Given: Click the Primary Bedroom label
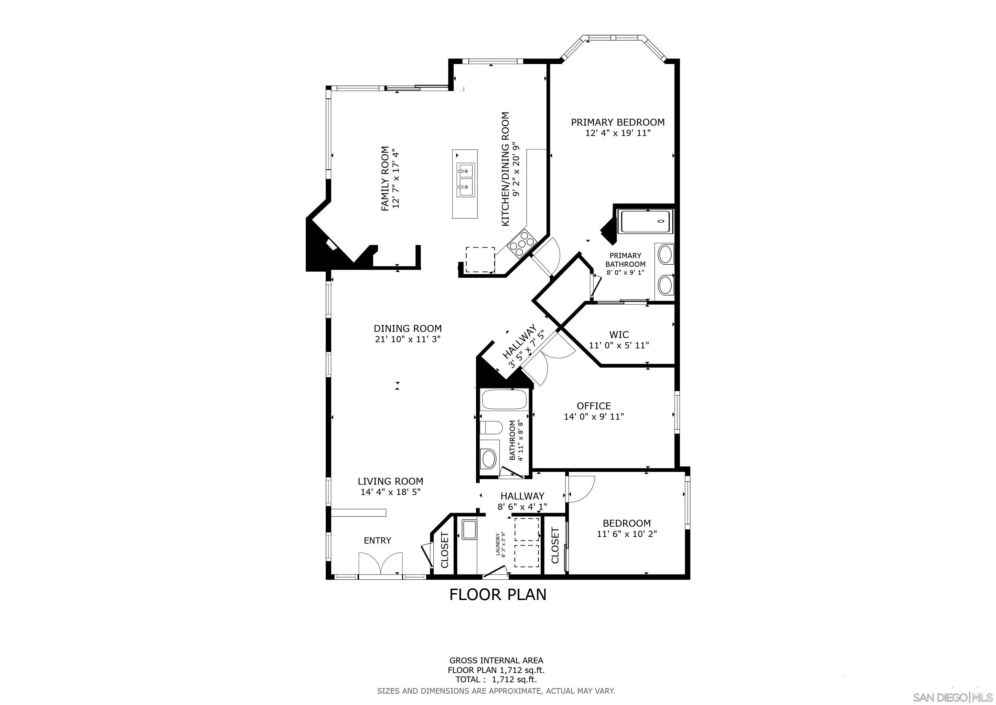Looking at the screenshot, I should click(617, 123).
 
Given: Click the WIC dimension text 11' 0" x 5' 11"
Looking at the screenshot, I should click(619, 346).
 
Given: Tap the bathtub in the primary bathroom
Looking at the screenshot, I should click(646, 221).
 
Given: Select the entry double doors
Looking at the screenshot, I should click(380, 564).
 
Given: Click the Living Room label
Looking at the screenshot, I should click(390, 482).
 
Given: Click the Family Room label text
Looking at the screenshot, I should click(385, 179).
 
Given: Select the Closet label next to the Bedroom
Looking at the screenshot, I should click(555, 545).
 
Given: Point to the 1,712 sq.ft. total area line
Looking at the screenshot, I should click(496, 680).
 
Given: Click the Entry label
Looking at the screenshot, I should click(377, 540).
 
